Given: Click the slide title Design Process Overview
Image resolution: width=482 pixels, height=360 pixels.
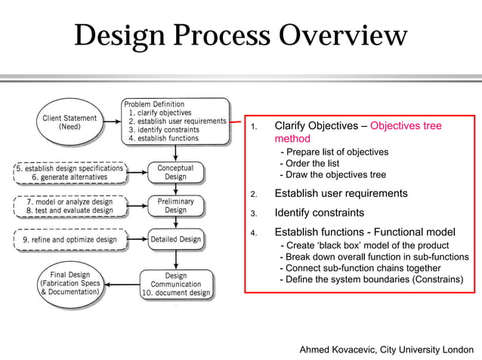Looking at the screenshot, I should point(240,36).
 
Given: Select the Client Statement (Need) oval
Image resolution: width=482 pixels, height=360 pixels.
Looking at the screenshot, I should point(70,122).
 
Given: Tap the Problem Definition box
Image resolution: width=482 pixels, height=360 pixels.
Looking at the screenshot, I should point(175,121).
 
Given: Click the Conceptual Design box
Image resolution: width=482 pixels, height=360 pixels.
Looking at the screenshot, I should point(175,172).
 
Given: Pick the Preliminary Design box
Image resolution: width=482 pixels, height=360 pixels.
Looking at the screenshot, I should point(175,205).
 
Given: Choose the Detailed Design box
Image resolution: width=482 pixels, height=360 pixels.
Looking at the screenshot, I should point(175,240).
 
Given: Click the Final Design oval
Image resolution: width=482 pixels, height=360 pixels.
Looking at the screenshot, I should point(70,283).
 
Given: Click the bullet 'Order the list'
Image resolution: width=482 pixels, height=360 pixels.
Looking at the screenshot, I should point(310,163).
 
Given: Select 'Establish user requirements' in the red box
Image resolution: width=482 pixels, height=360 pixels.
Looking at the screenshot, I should point(341,193).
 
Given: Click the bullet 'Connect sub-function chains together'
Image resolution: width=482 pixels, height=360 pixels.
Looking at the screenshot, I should point(360,268).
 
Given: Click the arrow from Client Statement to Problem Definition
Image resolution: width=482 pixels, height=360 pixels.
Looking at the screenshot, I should point(111,122).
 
